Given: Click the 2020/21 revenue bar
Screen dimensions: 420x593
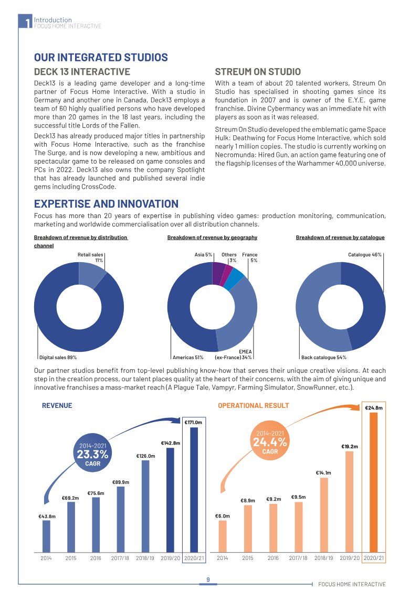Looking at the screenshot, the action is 194,490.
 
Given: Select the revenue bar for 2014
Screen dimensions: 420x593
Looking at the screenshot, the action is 46,536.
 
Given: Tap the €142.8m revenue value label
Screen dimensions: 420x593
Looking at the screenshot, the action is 171,443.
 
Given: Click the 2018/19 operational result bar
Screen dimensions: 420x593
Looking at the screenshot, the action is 324,515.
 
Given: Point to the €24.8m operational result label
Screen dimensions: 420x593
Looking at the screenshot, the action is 374,408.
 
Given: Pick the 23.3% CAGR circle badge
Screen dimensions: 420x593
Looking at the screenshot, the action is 93,454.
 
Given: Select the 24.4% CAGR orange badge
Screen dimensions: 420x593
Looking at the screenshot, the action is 270,442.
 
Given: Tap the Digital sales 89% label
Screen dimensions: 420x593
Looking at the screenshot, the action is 58,358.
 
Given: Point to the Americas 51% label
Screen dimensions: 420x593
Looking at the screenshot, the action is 188,358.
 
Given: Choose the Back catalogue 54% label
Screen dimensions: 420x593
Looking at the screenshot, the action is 324,358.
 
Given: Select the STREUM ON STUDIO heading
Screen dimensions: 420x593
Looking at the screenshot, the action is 258,72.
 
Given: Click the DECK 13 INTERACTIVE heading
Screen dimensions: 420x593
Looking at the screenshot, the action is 82,72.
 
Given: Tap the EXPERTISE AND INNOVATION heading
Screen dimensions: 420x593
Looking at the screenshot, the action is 106,204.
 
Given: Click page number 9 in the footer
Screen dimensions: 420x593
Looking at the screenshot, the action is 208,580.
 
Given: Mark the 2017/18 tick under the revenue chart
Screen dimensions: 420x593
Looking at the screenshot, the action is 120,558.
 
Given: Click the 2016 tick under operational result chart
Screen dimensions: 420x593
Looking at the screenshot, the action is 273,558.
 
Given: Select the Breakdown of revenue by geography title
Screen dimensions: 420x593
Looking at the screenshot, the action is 213,238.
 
